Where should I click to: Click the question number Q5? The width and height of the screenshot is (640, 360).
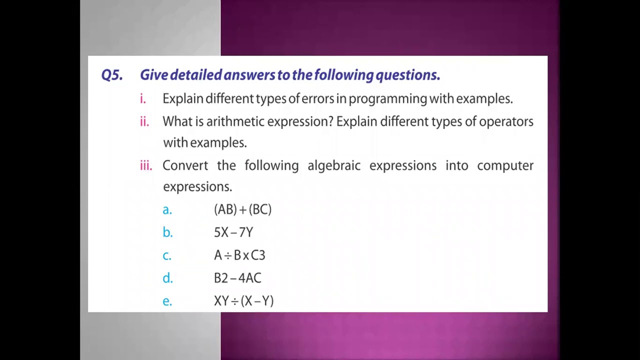pyautogui.click(x=111, y=75)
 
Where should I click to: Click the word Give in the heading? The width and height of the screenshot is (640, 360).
pyautogui.click(x=153, y=75)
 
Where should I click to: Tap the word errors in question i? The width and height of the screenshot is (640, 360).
pyautogui.click(x=317, y=98)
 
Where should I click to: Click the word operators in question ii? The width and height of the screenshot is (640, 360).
pyautogui.click(x=506, y=122)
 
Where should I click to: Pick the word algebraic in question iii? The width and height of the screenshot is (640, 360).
pyautogui.click(x=333, y=165)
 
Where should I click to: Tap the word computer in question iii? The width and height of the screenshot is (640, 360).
pyautogui.click(x=505, y=166)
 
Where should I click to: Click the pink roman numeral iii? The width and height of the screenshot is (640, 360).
pyautogui.click(x=146, y=165)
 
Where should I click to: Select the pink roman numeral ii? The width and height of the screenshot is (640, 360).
pyautogui.click(x=144, y=121)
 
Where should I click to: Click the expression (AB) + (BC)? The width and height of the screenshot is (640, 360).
pyautogui.click(x=242, y=209)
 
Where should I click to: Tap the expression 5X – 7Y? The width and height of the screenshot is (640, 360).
pyautogui.click(x=233, y=232)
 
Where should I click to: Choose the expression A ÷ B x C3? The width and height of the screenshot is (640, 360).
pyautogui.click(x=239, y=255)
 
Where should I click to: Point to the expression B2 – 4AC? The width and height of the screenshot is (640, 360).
pyautogui.click(x=237, y=278)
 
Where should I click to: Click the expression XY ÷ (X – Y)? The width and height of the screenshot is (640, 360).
pyautogui.click(x=243, y=301)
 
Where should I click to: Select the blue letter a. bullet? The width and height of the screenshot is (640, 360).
pyautogui.click(x=167, y=210)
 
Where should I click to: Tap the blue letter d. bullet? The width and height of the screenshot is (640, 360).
pyautogui.click(x=167, y=278)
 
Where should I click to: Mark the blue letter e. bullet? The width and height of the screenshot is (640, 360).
pyautogui.click(x=167, y=301)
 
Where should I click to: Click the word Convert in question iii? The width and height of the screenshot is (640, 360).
pyautogui.click(x=185, y=165)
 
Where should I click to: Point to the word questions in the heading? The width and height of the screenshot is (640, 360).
pyautogui.click(x=407, y=75)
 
